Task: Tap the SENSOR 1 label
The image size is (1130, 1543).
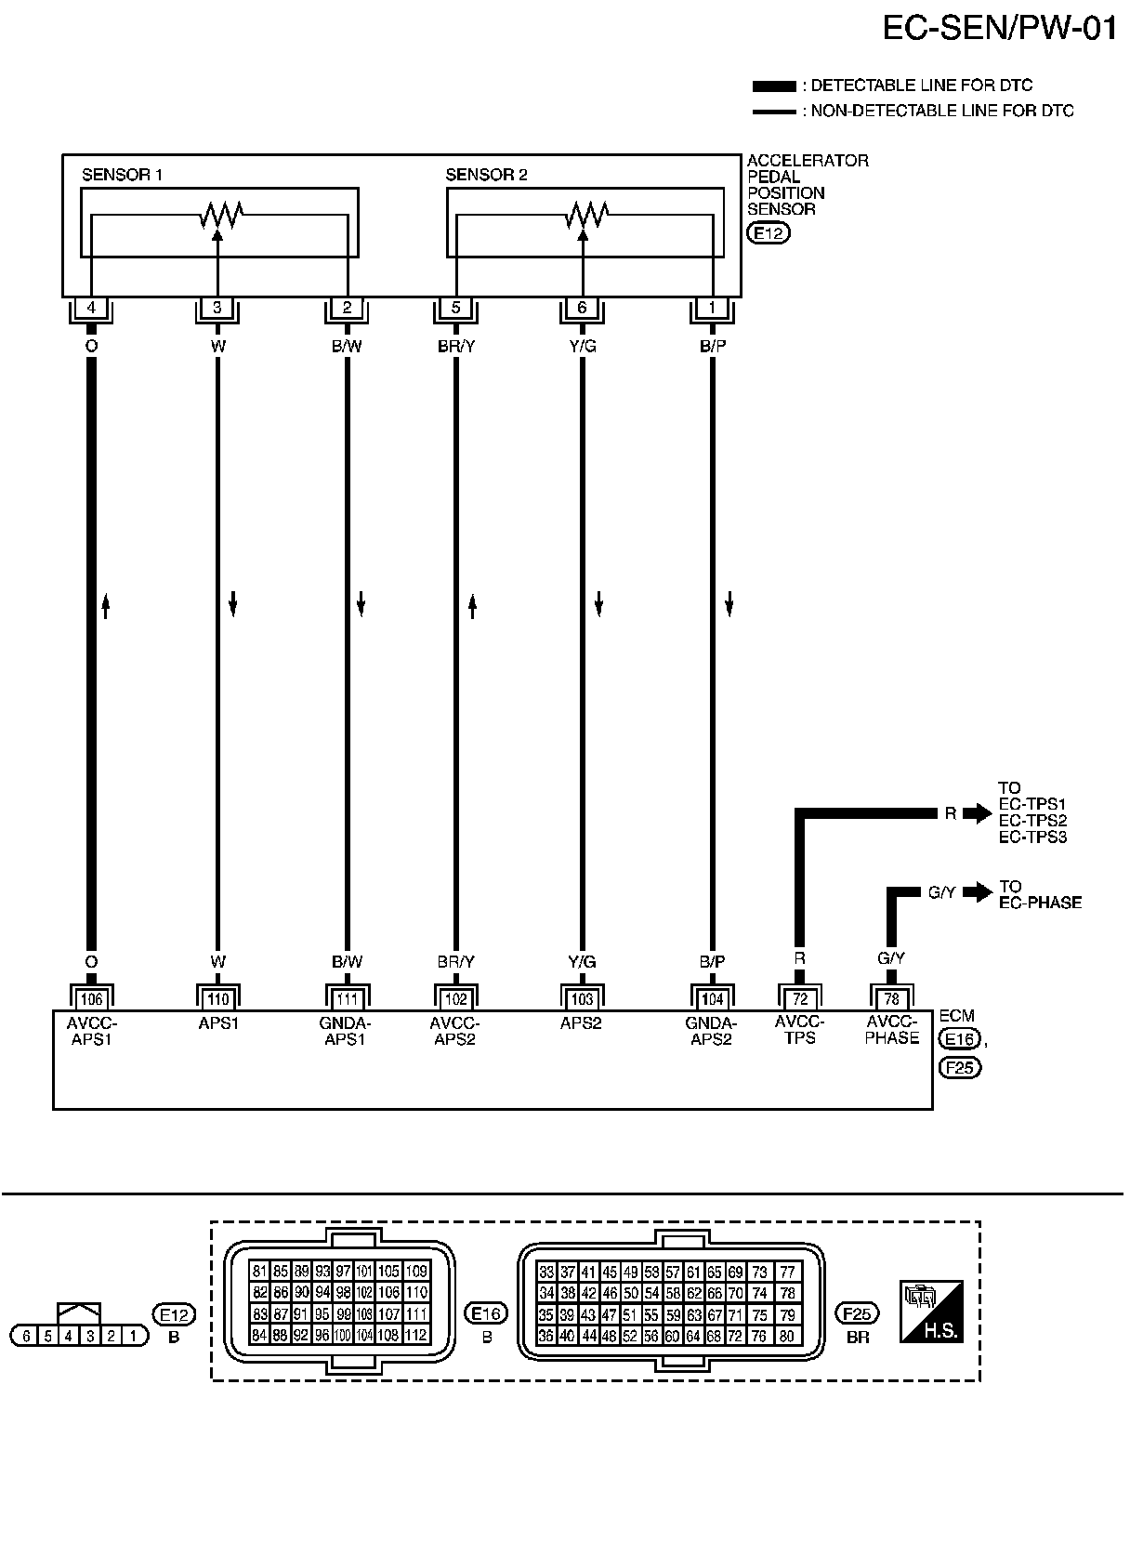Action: click(x=123, y=175)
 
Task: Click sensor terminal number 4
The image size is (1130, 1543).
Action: click(x=91, y=309)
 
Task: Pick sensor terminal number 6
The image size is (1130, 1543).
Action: click(x=583, y=309)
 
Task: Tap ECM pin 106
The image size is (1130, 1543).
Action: click(x=91, y=999)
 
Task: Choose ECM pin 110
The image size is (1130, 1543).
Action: click(x=217, y=999)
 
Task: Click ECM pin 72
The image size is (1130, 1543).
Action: click(x=798, y=999)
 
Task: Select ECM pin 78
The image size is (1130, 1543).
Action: click(x=891, y=999)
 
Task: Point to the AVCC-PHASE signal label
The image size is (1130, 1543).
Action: click(x=891, y=1031)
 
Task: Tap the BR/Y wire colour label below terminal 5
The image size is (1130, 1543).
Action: click(x=455, y=347)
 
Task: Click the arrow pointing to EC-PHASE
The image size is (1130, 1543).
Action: click(x=978, y=892)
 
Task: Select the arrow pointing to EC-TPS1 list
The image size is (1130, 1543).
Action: click(x=978, y=814)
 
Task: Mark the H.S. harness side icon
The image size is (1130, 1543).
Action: click(x=930, y=1312)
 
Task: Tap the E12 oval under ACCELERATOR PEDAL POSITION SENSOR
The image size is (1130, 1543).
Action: click(x=769, y=233)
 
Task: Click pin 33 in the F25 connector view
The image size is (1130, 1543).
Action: click(x=546, y=1272)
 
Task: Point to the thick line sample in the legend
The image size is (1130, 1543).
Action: click(x=773, y=86)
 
